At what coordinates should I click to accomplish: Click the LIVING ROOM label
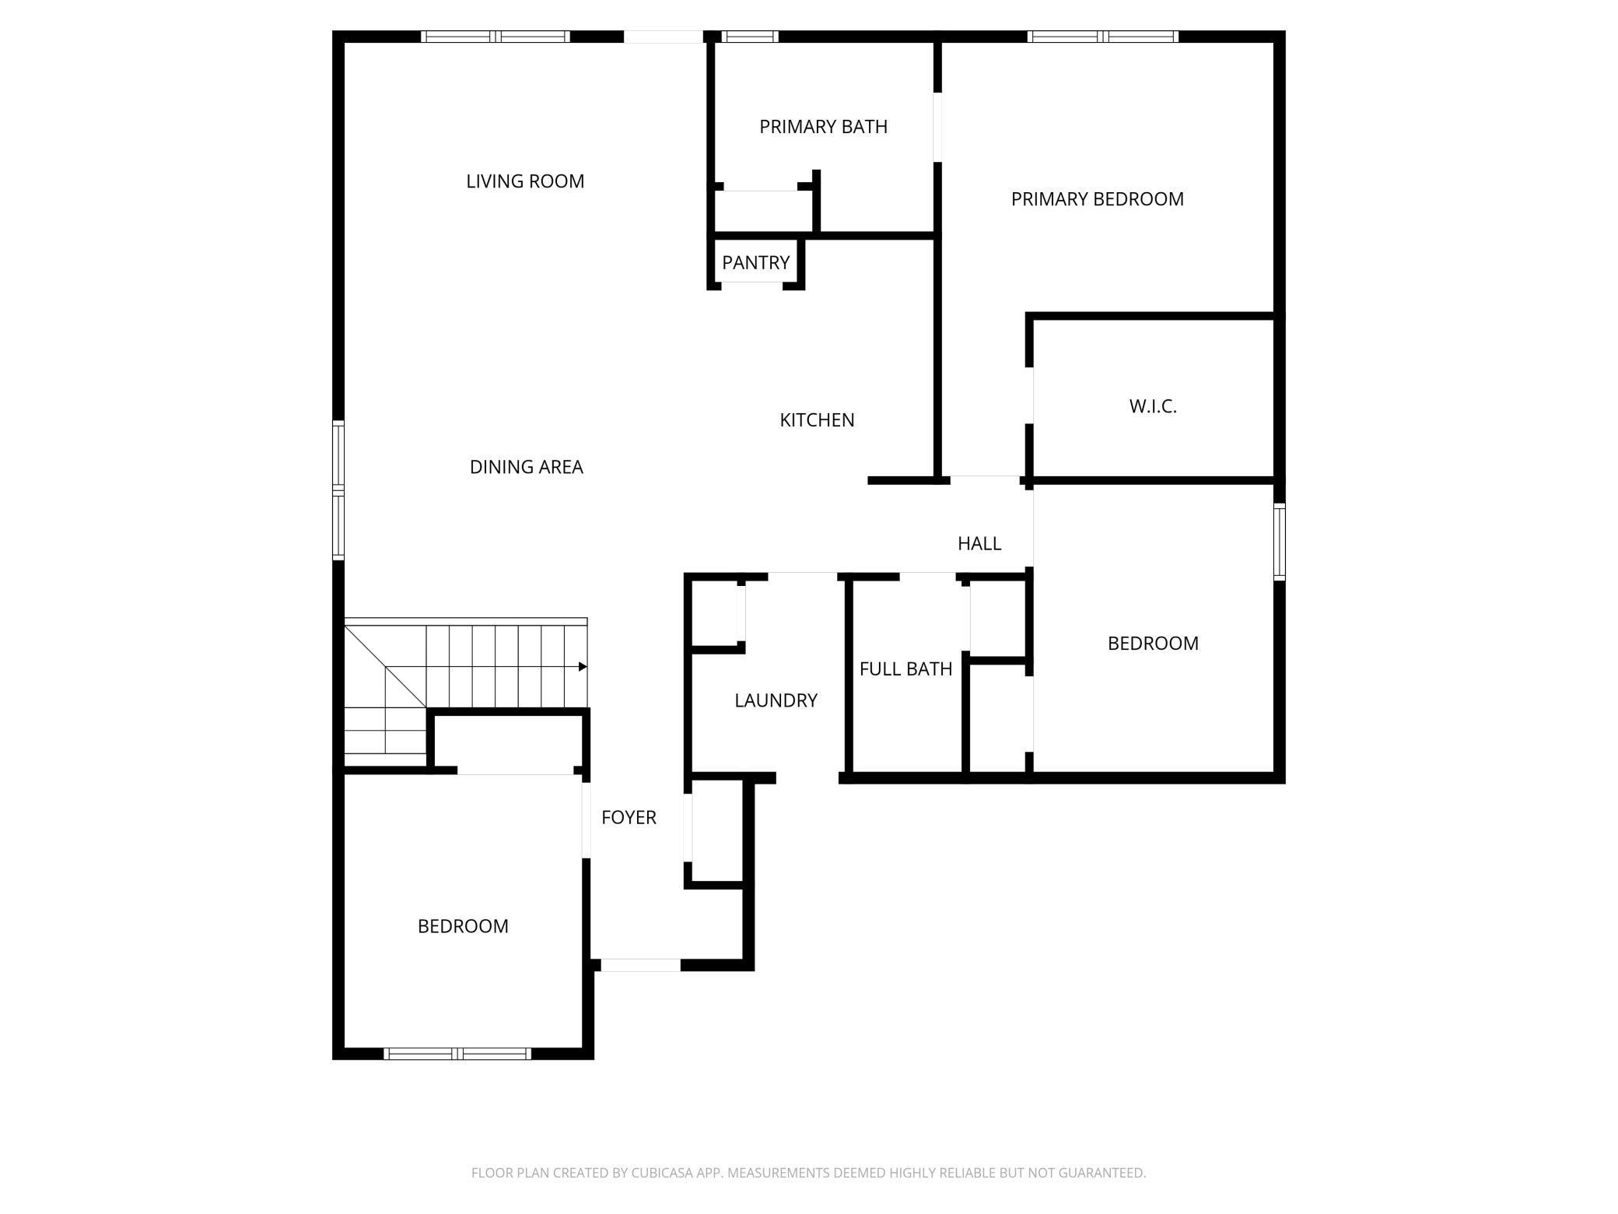525,181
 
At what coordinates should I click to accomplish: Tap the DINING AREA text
526,467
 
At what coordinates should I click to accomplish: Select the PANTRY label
755,263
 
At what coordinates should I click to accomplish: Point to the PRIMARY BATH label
823,127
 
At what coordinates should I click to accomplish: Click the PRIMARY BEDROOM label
1097,199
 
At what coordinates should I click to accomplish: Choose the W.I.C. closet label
1152,406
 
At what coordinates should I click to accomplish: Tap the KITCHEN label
817,420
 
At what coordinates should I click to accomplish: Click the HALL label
979,544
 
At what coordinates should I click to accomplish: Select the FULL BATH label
905,669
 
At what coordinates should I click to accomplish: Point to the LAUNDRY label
776,700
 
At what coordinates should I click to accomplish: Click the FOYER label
629,818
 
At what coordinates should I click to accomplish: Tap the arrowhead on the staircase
583,667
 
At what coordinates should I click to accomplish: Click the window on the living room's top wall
496,37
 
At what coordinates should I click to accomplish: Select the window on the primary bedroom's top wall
1102,37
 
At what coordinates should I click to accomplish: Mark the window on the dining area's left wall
338,490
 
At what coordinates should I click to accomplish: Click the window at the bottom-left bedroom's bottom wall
458,1054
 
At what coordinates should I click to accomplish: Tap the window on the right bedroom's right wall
1279,542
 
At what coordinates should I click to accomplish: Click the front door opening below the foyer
640,965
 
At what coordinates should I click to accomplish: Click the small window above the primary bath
749,37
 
